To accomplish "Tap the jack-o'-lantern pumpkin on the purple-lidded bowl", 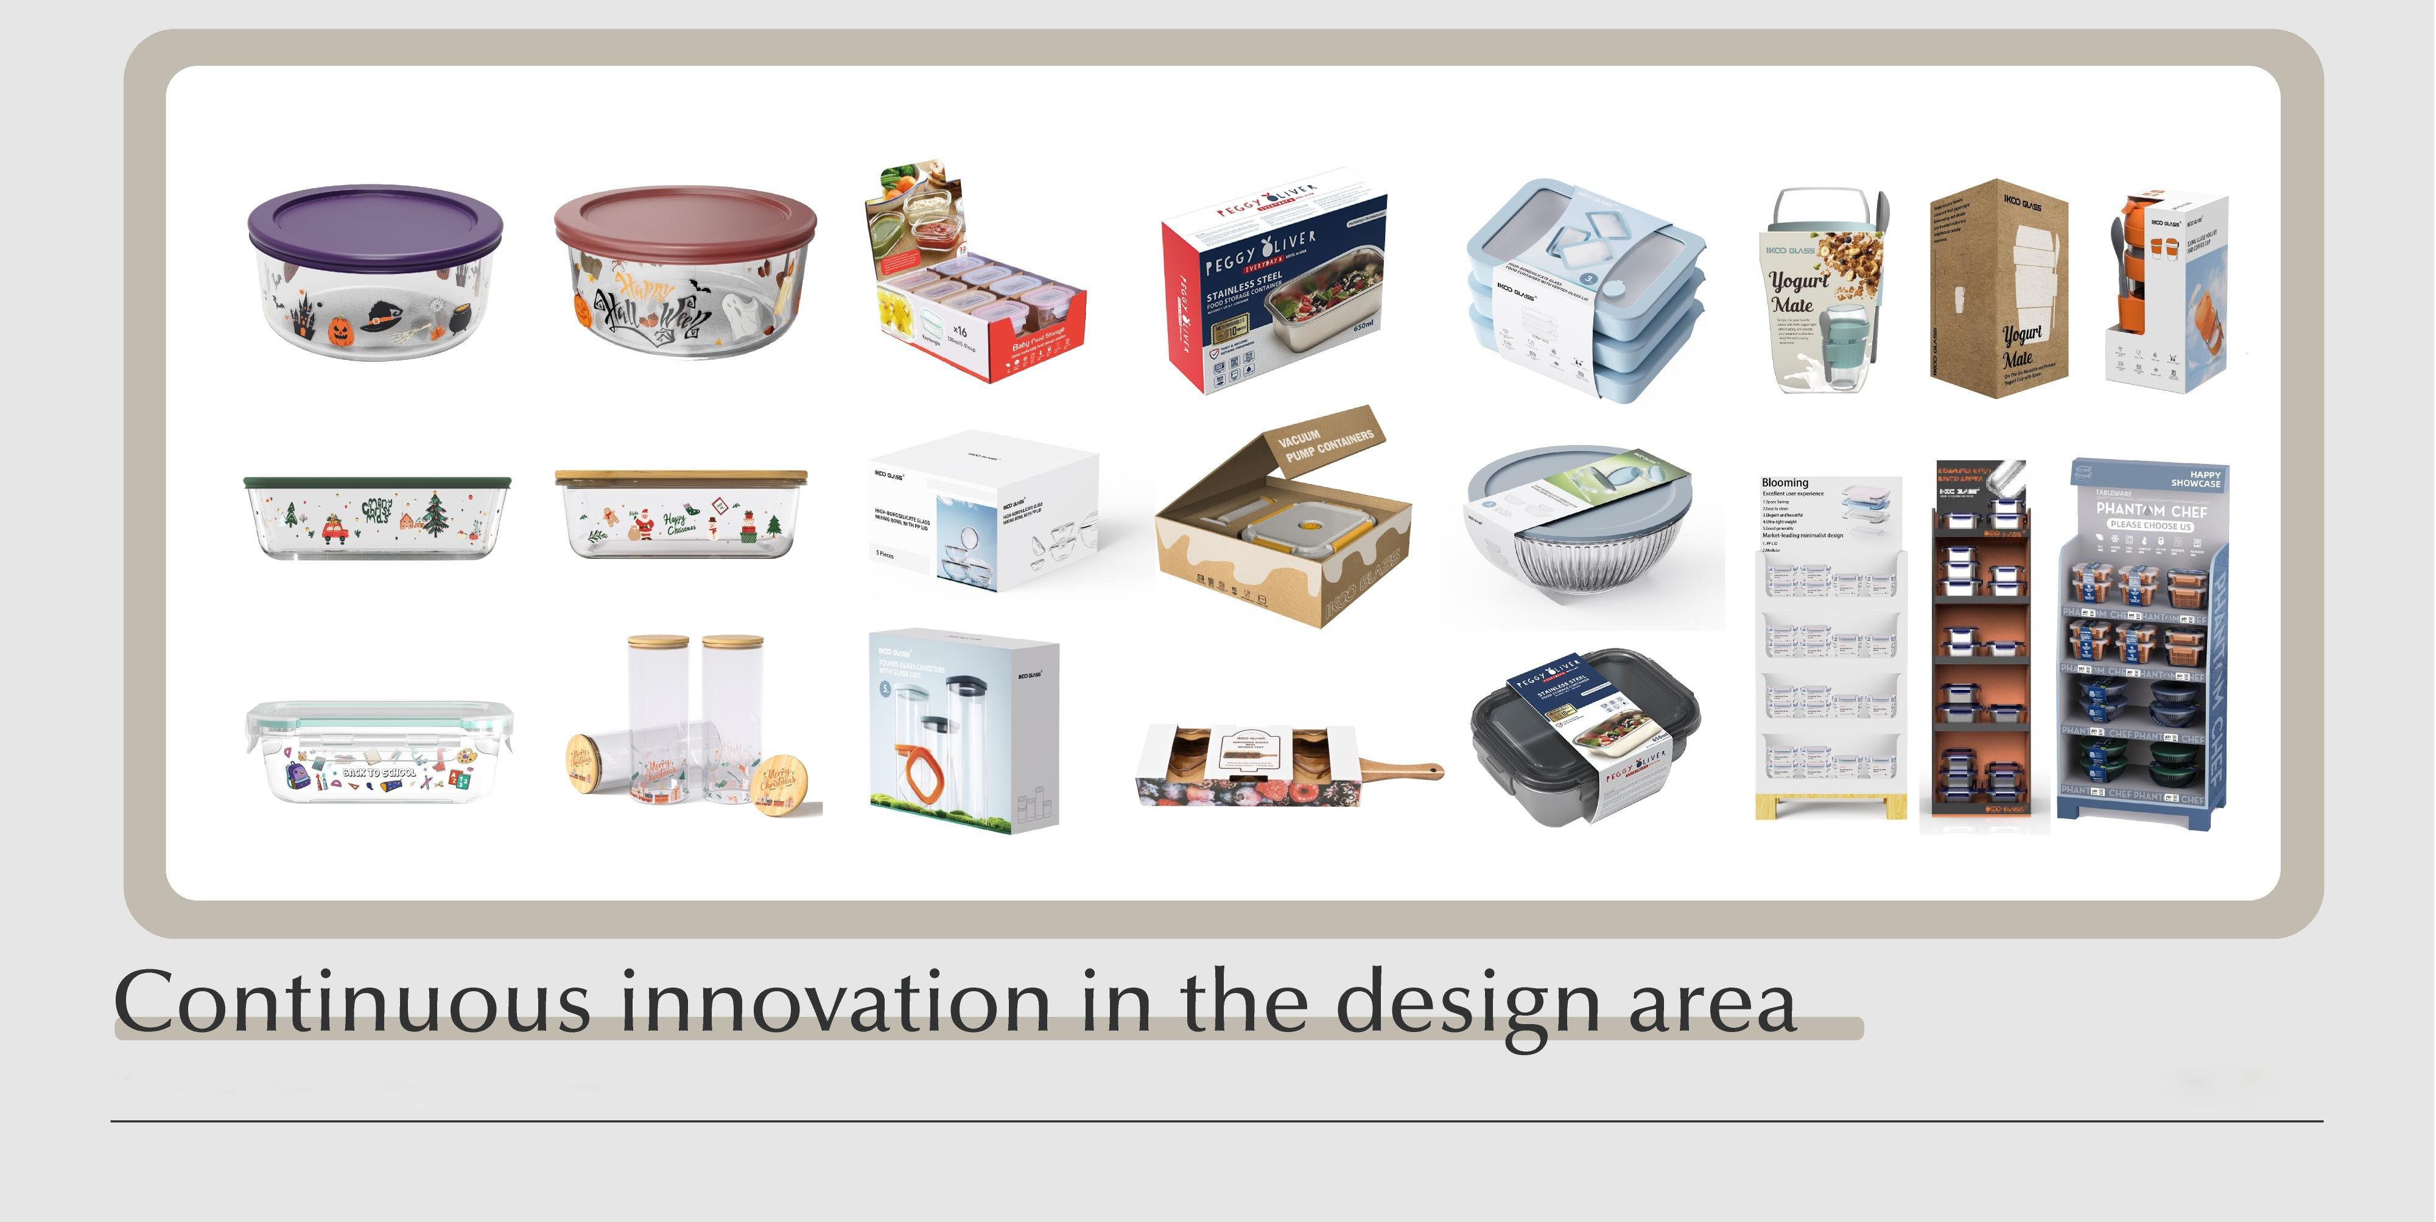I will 340,330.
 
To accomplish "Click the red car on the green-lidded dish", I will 335,530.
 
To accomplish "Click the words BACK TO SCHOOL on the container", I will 378,773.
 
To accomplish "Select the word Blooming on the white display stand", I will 1785,482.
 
